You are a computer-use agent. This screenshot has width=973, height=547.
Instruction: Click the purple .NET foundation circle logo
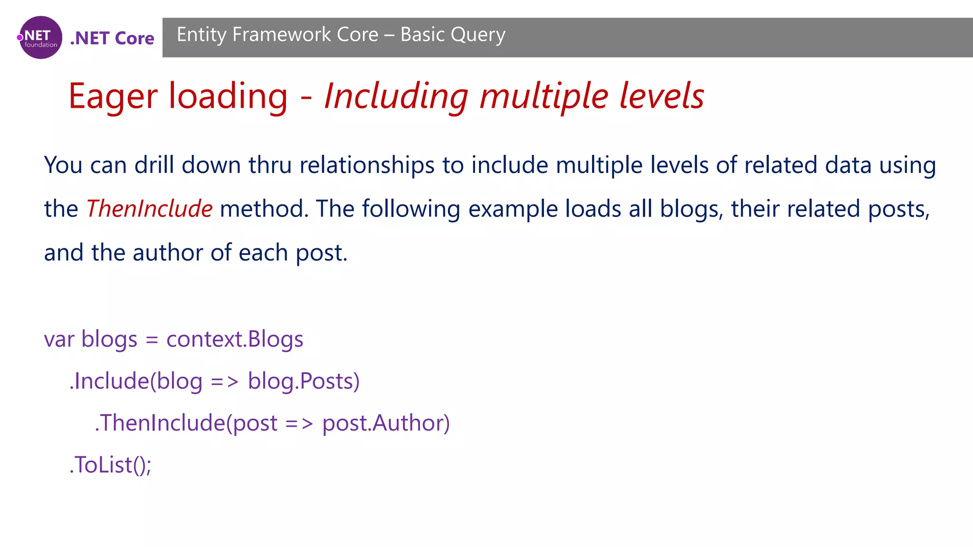[40, 38]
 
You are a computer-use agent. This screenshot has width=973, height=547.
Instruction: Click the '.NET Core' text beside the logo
[112, 38]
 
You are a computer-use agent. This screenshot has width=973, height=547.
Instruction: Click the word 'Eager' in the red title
[113, 97]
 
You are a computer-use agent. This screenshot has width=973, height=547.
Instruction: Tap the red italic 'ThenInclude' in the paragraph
[149, 209]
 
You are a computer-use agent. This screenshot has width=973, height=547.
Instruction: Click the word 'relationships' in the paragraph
[367, 165]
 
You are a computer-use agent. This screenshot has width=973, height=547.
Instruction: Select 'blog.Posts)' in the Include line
[304, 381]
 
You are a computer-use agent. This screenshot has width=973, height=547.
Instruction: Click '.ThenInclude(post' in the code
[186, 423]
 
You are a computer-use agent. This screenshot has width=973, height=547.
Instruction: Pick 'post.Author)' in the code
[386, 423]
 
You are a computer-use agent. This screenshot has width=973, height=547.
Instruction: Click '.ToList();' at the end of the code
[110, 465]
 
